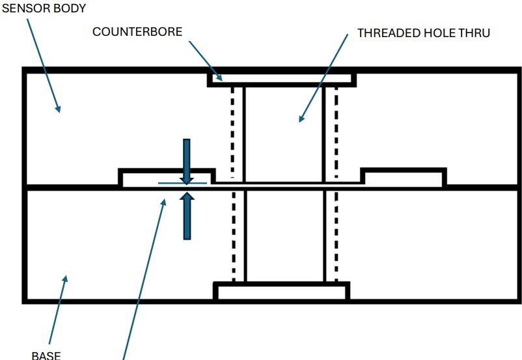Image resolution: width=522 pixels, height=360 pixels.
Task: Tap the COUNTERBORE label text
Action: click(x=137, y=32)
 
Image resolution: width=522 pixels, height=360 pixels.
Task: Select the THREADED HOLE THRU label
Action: click(x=424, y=33)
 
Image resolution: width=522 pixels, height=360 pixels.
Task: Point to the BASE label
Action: click(x=46, y=355)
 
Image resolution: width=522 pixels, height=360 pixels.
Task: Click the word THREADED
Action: click(x=388, y=33)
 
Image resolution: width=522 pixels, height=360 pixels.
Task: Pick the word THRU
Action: click(x=475, y=33)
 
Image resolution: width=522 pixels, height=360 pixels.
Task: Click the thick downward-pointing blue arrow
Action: click(x=187, y=160)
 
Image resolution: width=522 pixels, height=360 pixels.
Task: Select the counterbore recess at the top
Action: click(x=281, y=79)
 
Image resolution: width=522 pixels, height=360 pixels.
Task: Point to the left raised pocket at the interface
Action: click(x=167, y=178)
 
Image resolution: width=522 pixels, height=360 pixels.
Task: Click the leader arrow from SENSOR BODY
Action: click(x=43, y=65)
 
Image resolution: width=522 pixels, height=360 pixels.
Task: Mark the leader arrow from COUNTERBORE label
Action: click(x=206, y=62)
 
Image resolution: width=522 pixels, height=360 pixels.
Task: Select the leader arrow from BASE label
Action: click(x=57, y=312)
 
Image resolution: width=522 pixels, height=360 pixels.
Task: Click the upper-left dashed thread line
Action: click(x=232, y=130)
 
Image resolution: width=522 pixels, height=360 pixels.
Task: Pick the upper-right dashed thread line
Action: click(x=336, y=130)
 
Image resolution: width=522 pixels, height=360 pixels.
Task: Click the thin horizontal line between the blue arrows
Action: click(x=182, y=184)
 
